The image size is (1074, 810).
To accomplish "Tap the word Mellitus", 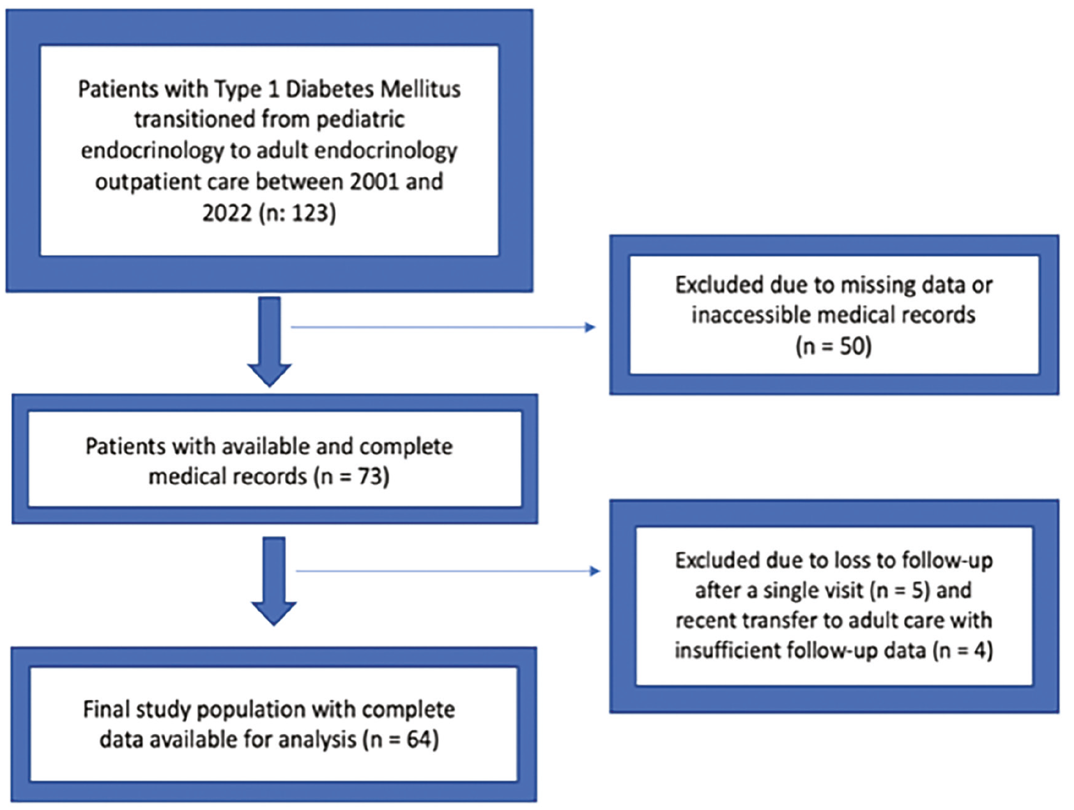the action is [x=420, y=89].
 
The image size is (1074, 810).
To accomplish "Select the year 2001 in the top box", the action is [x=374, y=182].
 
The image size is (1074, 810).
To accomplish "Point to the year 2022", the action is [x=227, y=213].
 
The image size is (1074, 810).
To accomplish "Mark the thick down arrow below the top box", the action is [x=269, y=342].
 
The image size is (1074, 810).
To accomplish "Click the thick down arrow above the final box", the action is [x=273, y=581].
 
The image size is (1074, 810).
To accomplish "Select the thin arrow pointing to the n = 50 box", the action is [x=443, y=327].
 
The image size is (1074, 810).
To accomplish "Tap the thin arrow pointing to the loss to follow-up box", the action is [x=448, y=571].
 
